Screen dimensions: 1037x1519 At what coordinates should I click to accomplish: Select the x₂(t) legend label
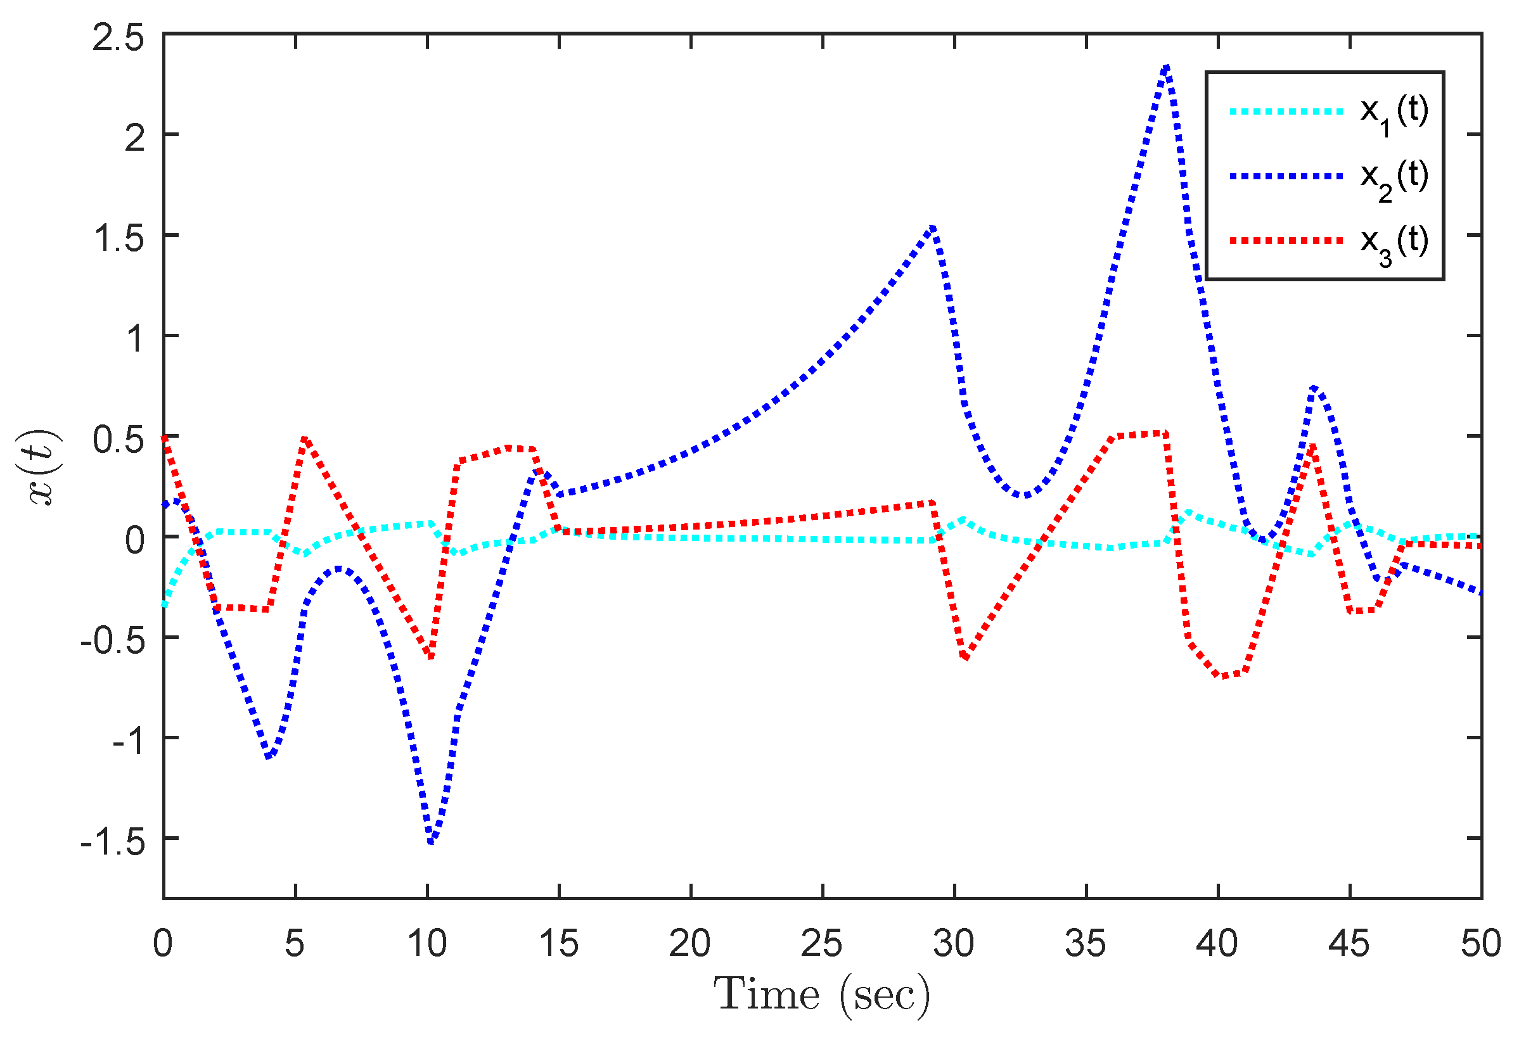tap(1394, 178)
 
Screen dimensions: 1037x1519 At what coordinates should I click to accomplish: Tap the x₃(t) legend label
tap(1394, 243)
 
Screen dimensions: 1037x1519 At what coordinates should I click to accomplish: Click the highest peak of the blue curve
tap(1167, 67)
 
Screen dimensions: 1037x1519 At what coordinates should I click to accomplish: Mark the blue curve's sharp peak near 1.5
tap(933, 228)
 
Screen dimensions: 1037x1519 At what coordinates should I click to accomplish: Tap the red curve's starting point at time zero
tap(165, 436)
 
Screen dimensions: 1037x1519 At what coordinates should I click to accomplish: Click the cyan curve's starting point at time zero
tap(165, 605)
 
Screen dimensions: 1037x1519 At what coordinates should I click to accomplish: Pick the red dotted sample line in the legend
tap(1286, 241)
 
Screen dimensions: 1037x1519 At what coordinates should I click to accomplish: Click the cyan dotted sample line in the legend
tap(1286, 111)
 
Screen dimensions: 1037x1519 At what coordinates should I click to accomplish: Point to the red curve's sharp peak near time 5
tap(305, 438)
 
